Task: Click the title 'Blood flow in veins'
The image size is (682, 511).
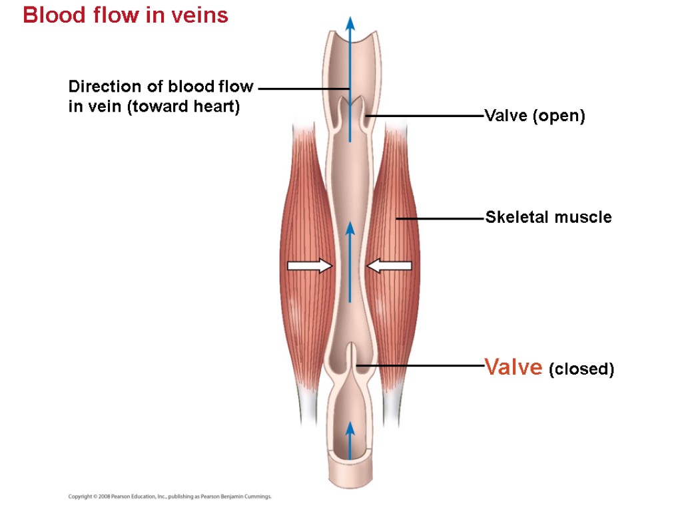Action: pyautogui.click(x=125, y=15)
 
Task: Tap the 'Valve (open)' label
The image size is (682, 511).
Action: pyautogui.click(x=535, y=116)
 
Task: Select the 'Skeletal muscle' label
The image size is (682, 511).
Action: pyautogui.click(x=548, y=217)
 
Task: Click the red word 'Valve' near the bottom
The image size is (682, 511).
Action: pyautogui.click(x=513, y=367)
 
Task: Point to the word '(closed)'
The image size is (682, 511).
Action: pyautogui.click(x=581, y=369)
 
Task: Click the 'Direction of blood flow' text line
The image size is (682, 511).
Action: pyautogui.click(x=161, y=86)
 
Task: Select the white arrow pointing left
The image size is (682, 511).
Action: pyautogui.click(x=390, y=266)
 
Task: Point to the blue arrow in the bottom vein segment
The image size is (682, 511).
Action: pyautogui.click(x=350, y=439)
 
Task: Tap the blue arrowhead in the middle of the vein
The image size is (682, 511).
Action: pyautogui.click(x=350, y=230)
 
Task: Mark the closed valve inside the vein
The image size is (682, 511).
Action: pyautogui.click(x=350, y=359)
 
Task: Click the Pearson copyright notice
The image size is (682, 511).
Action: pyautogui.click(x=170, y=496)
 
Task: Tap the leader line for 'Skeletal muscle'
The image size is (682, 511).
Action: pyautogui.click(x=440, y=218)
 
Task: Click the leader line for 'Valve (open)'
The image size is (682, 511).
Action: pyautogui.click(x=426, y=116)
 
